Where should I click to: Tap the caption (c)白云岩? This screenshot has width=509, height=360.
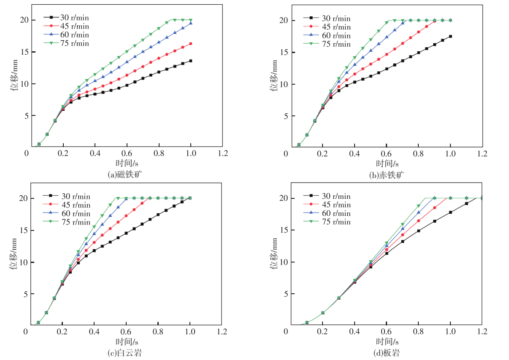tap(127, 353)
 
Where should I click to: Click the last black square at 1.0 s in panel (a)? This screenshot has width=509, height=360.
tap(191, 61)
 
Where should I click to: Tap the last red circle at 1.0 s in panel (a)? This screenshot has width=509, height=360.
tap(191, 44)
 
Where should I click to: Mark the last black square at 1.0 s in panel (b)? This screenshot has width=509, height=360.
tap(450, 36)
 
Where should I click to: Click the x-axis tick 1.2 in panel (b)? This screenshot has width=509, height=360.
tap(482, 153)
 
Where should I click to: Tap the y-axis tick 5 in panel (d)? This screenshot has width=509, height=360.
tap(284, 294)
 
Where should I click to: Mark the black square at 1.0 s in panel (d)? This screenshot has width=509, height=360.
tap(450, 212)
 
